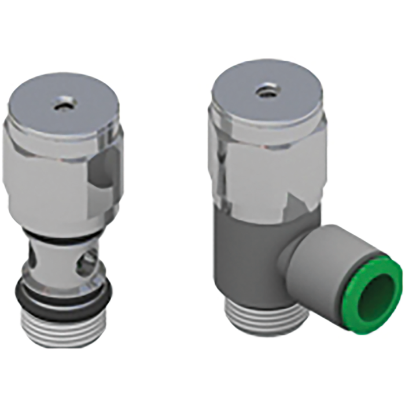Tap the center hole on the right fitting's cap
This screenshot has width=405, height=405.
[x=266, y=91]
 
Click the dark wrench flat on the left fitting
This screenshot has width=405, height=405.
[x=104, y=185]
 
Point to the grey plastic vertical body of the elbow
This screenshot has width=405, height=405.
[x=249, y=260]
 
